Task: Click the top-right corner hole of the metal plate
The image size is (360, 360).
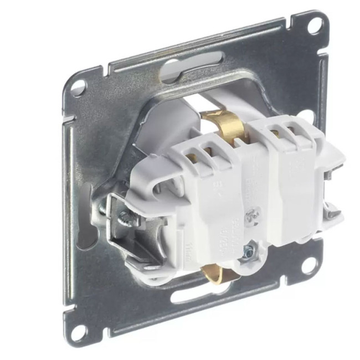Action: pyautogui.click(x=313, y=24)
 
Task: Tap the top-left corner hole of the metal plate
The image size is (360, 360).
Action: pyautogui.click(x=77, y=87)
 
